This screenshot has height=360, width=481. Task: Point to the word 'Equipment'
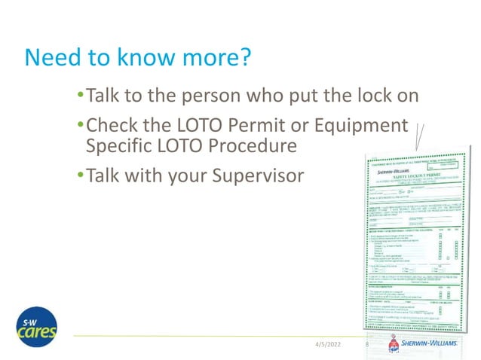point(364,124)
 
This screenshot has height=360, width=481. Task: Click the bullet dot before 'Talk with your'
point(81,175)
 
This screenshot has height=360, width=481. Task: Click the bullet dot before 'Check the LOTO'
point(81,124)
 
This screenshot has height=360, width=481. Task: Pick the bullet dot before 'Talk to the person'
point(81,96)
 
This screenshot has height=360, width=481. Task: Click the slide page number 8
point(366,343)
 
